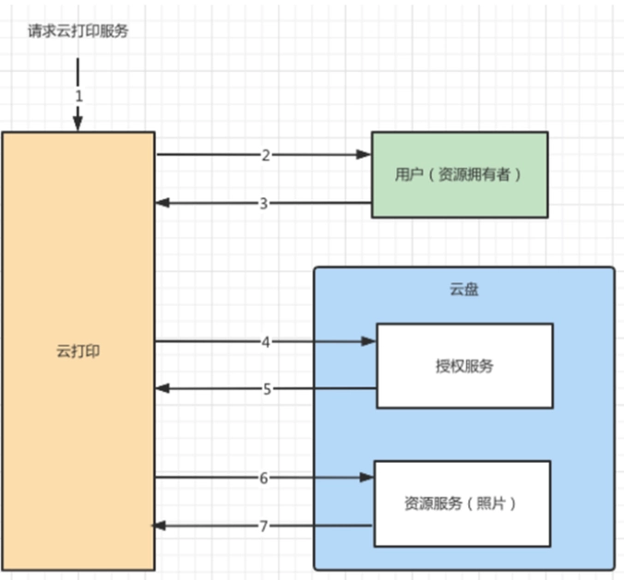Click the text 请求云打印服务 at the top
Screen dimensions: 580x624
click(78, 30)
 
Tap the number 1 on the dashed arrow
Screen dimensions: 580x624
click(78, 94)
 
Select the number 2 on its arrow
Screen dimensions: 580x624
click(265, 155)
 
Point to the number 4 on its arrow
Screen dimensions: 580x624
click(266, 341)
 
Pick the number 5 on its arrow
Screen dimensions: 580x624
click(267, 388)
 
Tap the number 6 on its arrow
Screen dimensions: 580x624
click(264, 478)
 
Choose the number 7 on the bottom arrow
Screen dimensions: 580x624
click(263, 526)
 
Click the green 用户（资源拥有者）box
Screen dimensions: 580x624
click(460, 174)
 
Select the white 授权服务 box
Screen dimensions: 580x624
click(464, 366)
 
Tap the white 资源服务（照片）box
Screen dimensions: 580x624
click(462, 503)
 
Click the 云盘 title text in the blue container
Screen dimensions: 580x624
click(463, 290)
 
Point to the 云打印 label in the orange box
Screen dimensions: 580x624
click(78, 351)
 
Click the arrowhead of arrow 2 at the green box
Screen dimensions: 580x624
click(366, 155)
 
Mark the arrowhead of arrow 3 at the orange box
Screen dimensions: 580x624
click(162, 203)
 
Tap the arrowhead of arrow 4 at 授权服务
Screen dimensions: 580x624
click(370, 341)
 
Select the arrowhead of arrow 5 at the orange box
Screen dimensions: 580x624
click(162, 388)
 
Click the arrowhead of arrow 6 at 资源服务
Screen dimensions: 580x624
click(368, 478)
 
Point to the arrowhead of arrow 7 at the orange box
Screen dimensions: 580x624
click(159, 526)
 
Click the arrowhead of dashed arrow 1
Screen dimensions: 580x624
click(78, 125)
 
